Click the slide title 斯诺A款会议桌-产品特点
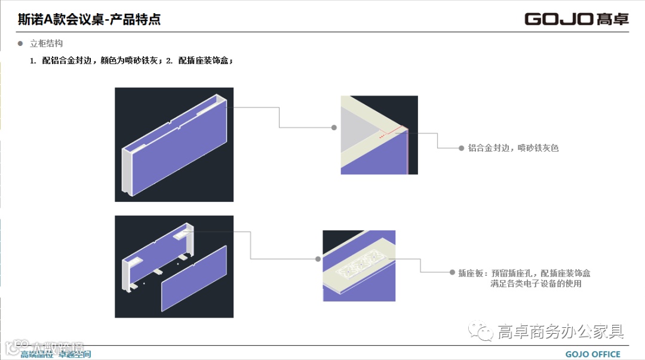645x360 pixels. point(89,19)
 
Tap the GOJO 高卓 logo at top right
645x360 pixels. point(576,19)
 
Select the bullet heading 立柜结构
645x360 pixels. point(46,44)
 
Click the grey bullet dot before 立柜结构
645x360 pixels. point(20,44)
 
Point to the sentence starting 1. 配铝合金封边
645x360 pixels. point(131,61)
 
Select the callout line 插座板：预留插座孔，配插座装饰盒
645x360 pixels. point(524,273)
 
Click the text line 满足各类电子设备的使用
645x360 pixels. point(536,284)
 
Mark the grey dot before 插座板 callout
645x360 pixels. point(452,273)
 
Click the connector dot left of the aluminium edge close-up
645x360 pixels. point(334,127)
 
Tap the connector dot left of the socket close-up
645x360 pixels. point(318,259)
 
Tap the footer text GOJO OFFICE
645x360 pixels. point(592,354)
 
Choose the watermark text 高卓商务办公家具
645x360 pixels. point(561,331)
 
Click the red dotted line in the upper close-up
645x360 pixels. point(391,133)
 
